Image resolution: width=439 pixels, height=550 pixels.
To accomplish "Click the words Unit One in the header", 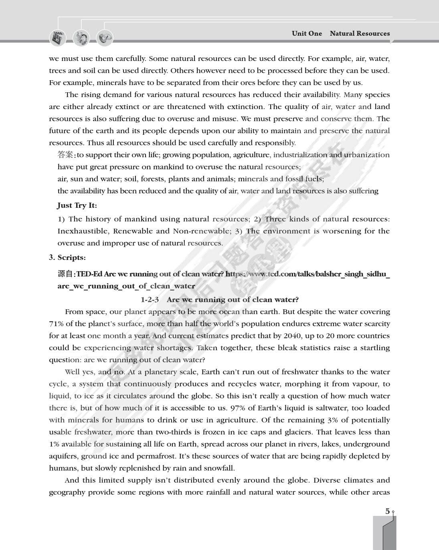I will (307, 34).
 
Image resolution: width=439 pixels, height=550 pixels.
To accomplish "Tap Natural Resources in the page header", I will (360, 34).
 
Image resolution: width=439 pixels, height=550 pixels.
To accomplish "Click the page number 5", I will (387, 511).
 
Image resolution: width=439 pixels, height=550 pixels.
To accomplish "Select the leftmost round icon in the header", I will (57, 38).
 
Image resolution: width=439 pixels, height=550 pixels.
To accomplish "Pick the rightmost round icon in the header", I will (105, 38).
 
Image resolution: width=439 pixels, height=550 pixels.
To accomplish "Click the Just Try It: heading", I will (77, 205).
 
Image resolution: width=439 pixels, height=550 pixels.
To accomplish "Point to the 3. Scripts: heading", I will (67, 258).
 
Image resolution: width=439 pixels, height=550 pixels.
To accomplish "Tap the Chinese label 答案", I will (65, 155).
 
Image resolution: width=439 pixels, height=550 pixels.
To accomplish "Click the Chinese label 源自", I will (65, 274).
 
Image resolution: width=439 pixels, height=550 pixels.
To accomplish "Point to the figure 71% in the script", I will (57, 324).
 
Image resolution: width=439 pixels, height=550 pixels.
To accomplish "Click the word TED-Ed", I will (89, 274).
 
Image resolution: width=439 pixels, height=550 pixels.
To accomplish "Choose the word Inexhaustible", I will (83, 231).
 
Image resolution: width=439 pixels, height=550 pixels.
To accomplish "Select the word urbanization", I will (366, 155).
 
